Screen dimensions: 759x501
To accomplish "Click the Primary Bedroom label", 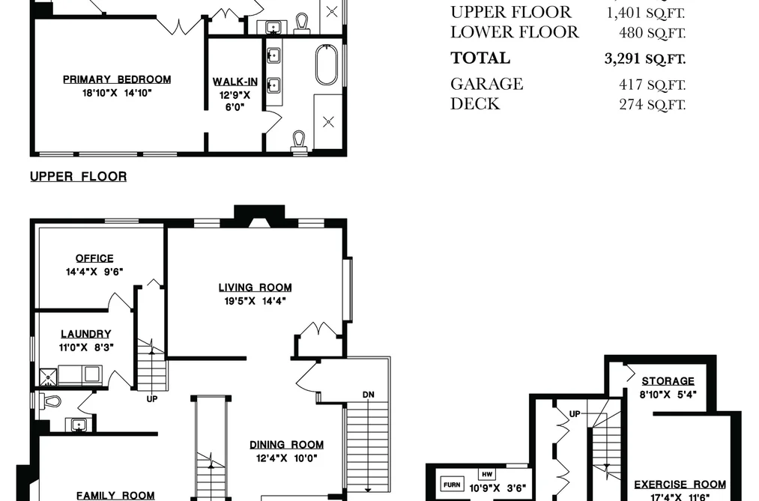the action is coord(117,79).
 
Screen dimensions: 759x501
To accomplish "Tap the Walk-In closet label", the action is coord(235,82).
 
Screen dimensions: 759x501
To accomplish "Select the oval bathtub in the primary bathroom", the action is coord(327,64).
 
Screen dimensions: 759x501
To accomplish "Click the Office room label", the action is coord(94,258).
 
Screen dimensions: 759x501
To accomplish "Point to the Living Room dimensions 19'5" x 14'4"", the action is coord(255,301).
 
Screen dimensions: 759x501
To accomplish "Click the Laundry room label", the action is coord(85,334).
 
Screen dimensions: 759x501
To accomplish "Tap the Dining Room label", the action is coord(286,444).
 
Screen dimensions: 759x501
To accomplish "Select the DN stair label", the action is coord(369,395).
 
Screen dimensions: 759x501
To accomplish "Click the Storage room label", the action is coord(668,381).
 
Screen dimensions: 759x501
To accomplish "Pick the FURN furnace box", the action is coord(452,484).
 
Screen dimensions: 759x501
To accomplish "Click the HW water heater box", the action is coord(487,474).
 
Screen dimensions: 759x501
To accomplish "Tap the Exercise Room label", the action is coord(680,484).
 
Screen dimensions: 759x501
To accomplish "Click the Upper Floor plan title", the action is coord(79,177).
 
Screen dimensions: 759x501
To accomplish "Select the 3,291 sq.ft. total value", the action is coord(645,58).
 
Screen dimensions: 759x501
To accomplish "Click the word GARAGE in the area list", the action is coord(486,84).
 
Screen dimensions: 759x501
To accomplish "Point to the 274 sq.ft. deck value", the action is coord(652,104).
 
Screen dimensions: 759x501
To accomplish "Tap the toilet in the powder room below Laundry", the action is coord(49,401).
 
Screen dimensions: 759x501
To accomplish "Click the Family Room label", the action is coord(115,496).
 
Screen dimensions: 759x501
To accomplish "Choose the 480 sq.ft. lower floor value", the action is coord(652,32).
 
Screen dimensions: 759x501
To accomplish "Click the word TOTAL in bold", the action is coord(480,58).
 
